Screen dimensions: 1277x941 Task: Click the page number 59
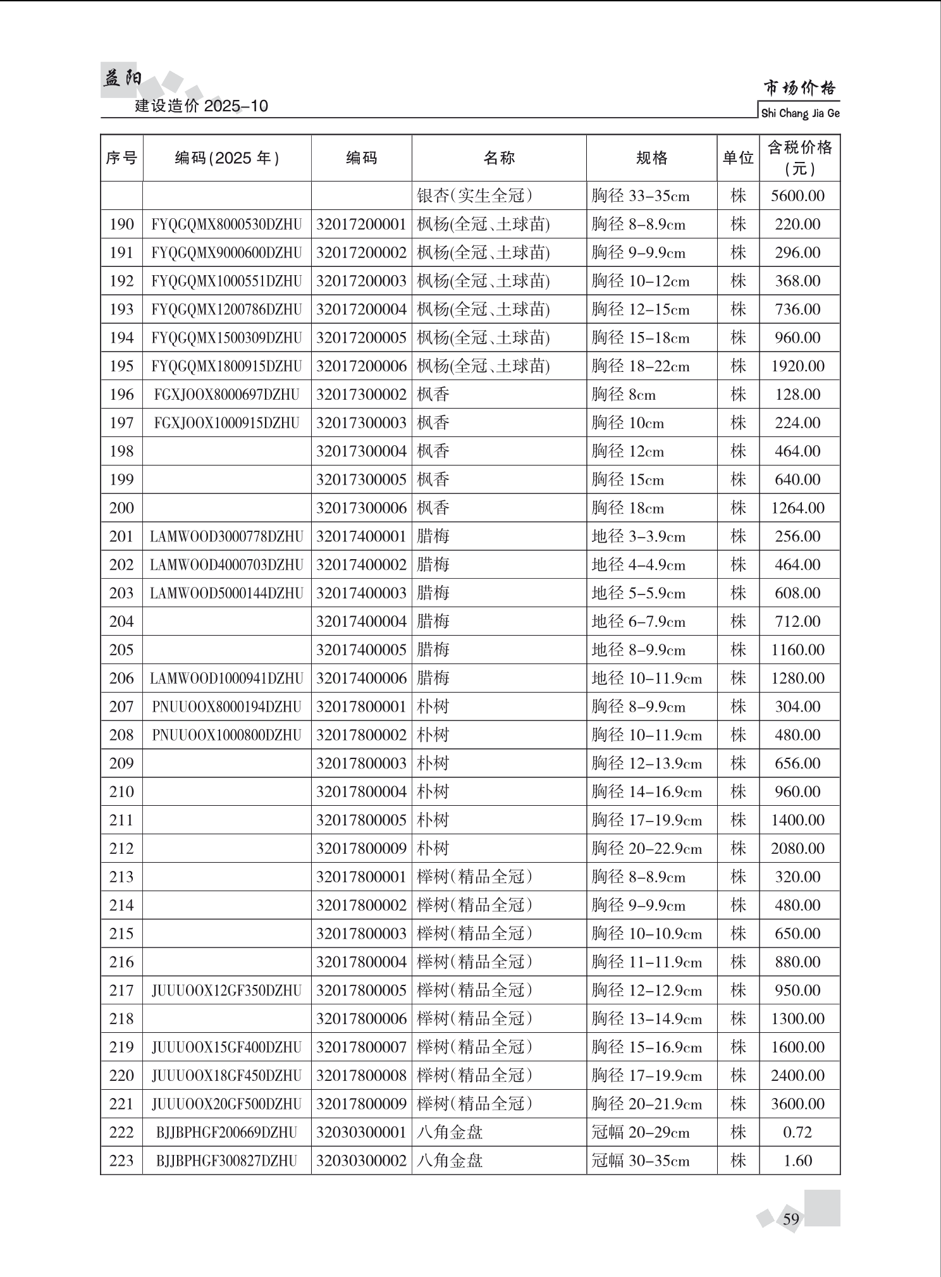coord(791,1219)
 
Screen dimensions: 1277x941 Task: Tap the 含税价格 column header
coord(799,157)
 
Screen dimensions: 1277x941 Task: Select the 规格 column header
coord(651,157)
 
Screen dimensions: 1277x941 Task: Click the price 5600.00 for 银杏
coord(797,196)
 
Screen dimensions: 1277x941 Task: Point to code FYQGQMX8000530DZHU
coord(226,225)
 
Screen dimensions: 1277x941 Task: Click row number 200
coord(121,508)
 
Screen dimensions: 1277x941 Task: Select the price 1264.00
coord(797,508)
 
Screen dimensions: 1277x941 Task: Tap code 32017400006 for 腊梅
coord(361,678)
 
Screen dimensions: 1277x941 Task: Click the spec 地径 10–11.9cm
coord(646,679)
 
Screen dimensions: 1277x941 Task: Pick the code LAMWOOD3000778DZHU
coord(226,536)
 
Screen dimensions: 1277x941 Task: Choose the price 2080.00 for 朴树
coord(797,848)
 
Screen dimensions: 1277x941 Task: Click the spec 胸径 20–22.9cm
coord(646,849)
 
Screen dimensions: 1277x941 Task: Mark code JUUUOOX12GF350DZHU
coord(226,990)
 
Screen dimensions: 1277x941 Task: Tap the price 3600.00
coord(797,1104)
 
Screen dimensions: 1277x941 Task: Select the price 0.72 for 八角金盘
coord(797,1132)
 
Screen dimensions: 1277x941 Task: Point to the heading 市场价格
coord(799,87)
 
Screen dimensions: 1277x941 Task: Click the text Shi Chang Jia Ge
coord(800,114)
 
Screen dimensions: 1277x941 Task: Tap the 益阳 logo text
coord(122,79)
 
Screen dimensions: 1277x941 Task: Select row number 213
coord(121,877)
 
